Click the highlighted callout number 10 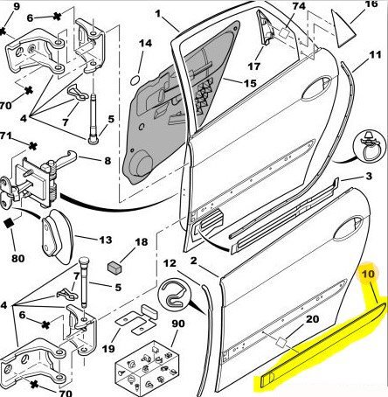[368, 275]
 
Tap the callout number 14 [145, 43]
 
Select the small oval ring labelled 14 [135, 80]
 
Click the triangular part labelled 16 [343, 28]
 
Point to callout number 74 [299, 6]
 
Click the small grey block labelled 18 [114, 267]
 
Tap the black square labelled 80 [10, 223]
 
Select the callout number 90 [178, 324]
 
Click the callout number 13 [106, 240]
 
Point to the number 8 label [107, 161]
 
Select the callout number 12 [170, 263]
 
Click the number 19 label [108, 348]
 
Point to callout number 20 [312, 319]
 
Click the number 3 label [369, 176]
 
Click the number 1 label [158, 14]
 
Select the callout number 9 [17, 6]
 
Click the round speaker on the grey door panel [141, 164]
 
